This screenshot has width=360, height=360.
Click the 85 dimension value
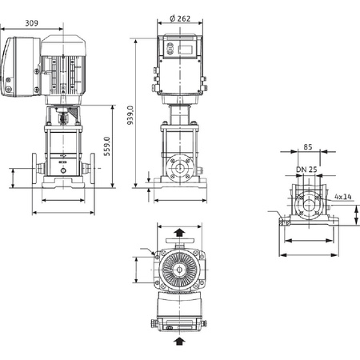(x=307, y=146)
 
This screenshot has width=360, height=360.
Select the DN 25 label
(x=306, y=170)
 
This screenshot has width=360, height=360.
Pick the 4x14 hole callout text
(x=342, y=194)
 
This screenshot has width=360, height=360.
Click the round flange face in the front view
(x=180, y=170)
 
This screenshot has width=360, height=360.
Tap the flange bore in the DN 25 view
(x=306, y=206)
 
